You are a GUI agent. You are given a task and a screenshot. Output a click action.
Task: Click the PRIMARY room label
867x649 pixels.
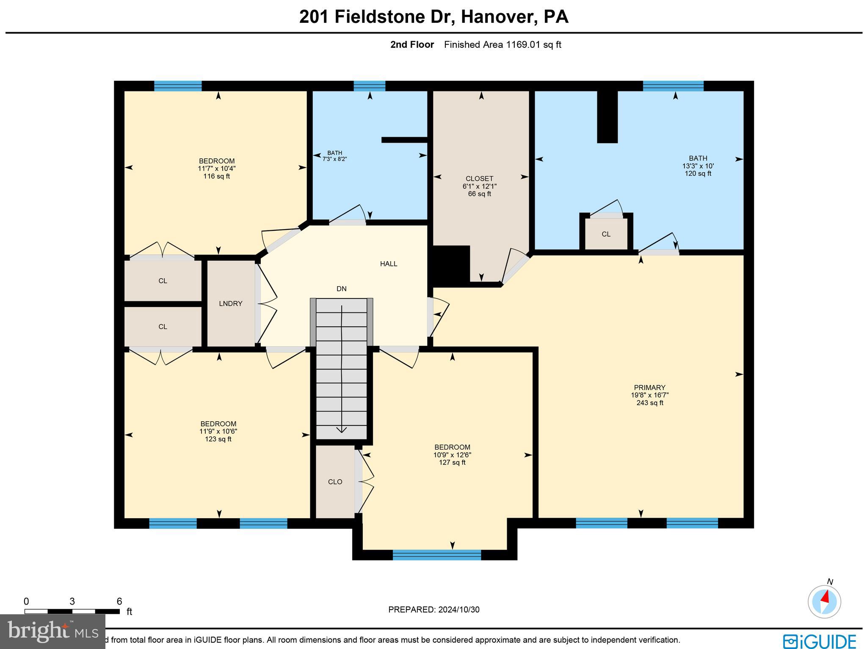649,387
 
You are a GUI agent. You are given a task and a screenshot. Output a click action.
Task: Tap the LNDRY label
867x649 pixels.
230,304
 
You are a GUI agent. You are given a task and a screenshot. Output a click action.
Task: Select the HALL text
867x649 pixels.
388,264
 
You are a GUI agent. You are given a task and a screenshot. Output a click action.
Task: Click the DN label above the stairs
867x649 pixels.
341,289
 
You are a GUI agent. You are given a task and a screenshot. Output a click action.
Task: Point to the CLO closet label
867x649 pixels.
335,482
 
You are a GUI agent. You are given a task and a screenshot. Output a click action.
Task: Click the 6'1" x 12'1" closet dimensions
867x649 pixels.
479,186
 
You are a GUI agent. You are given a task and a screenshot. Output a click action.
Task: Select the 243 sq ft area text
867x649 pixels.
649,403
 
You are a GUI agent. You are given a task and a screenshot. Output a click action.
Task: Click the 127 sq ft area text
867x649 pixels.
452,463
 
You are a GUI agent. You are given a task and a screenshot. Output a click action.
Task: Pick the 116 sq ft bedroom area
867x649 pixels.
216,176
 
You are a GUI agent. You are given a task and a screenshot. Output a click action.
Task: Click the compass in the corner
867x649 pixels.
824,602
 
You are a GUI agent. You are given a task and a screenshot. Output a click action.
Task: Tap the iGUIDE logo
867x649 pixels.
819,640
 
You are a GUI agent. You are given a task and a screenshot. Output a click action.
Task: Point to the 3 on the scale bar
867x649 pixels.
72,602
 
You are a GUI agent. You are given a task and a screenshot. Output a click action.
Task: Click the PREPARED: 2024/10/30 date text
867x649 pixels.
433,610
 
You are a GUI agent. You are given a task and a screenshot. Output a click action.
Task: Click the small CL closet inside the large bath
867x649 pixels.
606,234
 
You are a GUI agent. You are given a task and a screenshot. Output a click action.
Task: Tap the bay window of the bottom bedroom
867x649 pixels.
436,555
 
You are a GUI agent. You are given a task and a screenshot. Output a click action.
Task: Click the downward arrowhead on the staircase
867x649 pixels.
341,430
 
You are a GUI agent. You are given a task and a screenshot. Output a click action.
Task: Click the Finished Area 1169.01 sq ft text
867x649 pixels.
502,45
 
